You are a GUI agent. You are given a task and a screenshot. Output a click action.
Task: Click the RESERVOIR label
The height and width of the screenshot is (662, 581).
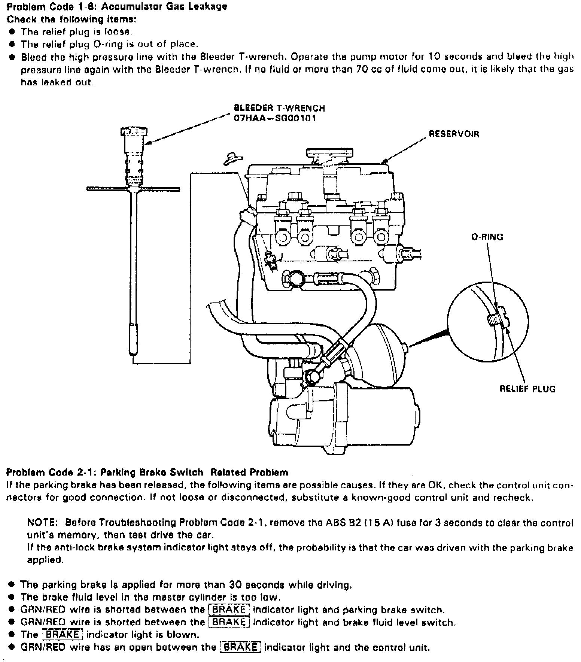coord(454,134)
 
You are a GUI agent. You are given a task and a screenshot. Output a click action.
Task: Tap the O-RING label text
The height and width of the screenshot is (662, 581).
coord(487,237)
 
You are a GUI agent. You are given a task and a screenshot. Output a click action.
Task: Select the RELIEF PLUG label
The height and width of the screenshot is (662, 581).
coord(527,389)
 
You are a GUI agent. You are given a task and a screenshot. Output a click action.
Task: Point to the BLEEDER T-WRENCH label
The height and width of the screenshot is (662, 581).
coord(279,108)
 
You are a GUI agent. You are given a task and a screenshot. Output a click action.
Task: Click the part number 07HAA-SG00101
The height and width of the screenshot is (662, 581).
coord(275,119)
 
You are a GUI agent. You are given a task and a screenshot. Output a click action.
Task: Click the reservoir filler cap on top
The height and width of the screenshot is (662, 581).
coord(330,153)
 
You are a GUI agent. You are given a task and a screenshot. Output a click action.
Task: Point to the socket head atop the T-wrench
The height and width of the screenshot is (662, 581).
coord(134,132)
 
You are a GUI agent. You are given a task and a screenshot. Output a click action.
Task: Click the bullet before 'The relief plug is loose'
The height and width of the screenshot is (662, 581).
coord(12,32)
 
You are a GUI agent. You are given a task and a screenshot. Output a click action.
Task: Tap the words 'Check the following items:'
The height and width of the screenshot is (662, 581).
coord(72,19)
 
